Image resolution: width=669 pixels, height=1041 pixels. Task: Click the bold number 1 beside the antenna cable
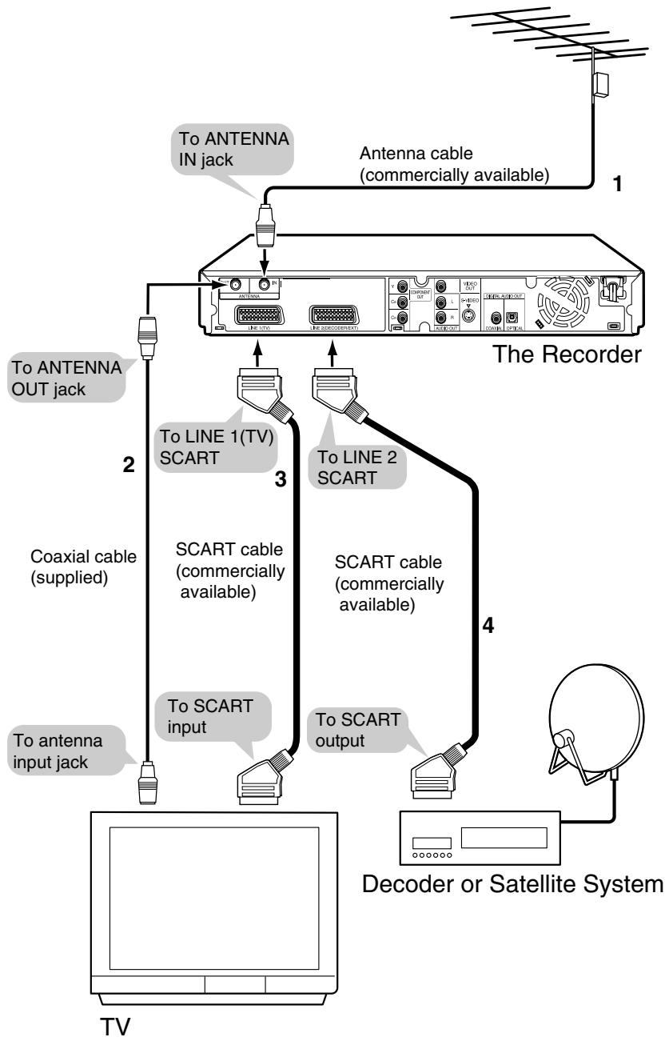click(615, 183)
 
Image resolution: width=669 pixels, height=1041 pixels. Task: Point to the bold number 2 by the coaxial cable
click(129, 466)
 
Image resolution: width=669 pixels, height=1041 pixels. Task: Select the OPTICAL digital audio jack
click(514, 316)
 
